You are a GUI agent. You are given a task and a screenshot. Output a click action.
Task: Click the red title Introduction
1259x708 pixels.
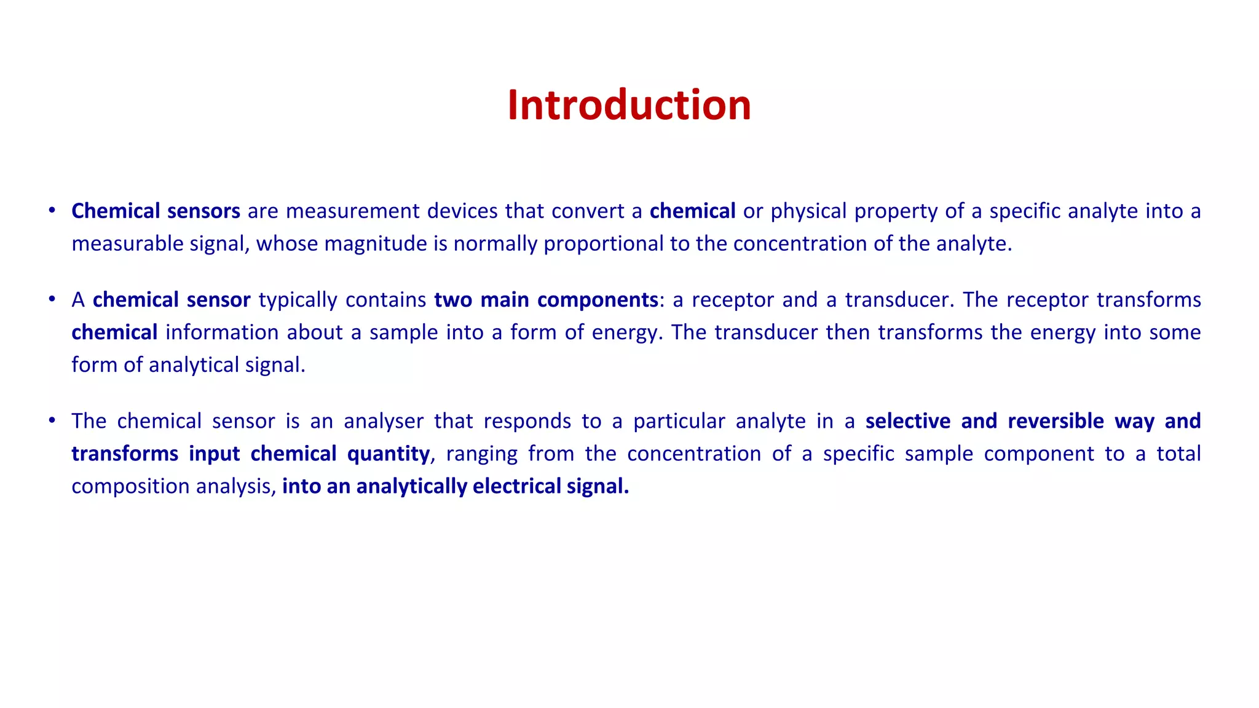click(629, 105)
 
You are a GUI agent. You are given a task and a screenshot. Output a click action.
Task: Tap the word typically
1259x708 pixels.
click(298, 301)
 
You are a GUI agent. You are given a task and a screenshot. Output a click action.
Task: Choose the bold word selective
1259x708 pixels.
click(908, 421)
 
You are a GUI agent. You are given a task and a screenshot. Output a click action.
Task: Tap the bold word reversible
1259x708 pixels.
click(1056, 421)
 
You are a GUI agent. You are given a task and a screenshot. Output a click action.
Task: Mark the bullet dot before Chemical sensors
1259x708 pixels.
click(53, 211)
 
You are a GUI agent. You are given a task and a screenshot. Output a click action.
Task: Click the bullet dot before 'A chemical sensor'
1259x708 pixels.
click(53, 299)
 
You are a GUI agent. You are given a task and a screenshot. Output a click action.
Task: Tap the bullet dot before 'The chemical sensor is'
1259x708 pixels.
click(53, 420)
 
